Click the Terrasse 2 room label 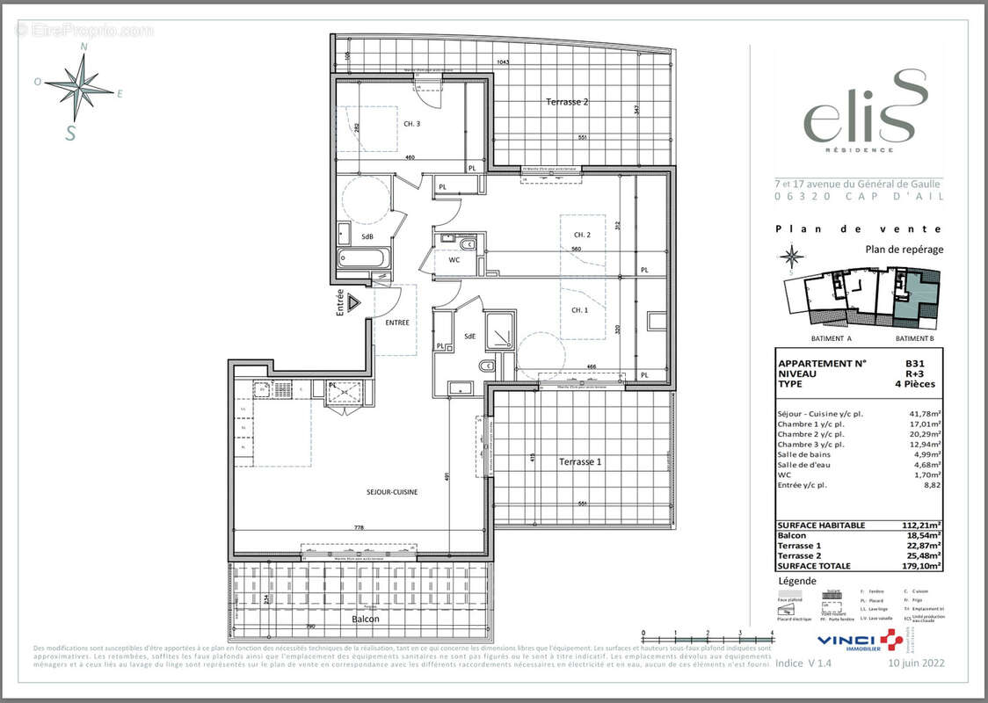click(x=567, y=102)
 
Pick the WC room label click(x=454, y=260)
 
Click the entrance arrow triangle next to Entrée click(x=353, y=303)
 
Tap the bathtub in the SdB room click(x=362, y=259)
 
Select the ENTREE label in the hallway click(x=397, y=323)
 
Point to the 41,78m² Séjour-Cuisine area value click(x=924, y=414)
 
